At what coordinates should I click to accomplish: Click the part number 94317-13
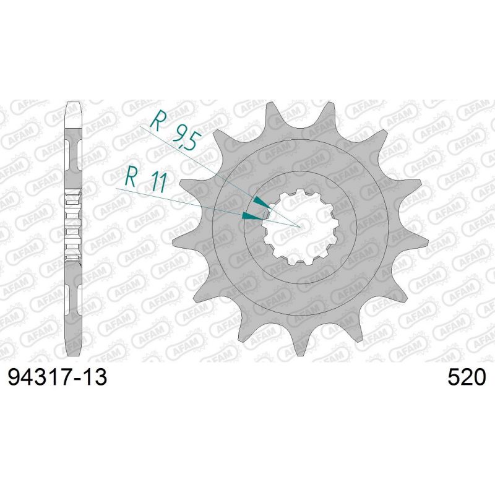click(x=57, y=377)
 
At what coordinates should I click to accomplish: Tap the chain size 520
click(x=467, y=377)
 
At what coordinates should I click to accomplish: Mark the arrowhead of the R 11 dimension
click(x=251, y=216)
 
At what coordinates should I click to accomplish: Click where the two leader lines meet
click(x=299, y=227)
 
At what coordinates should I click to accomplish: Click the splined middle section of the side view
click(x=73, y=226)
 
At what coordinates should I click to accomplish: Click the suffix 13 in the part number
click(x=95, y=377)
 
